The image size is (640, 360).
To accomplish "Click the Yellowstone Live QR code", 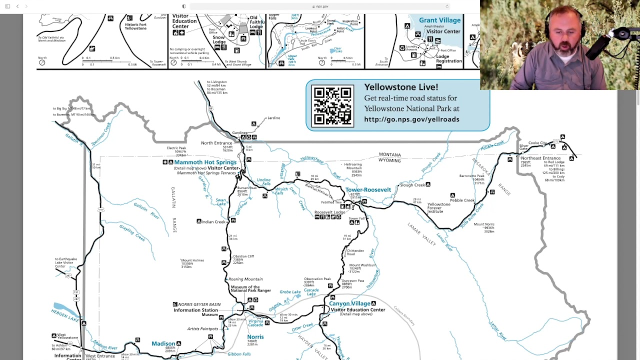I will (x=332, y=106).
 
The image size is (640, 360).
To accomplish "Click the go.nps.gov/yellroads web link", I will (x=411, y=119).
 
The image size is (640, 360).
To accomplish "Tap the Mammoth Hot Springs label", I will (x=205, y=162).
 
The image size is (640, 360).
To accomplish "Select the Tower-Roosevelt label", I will (x=368, y=190).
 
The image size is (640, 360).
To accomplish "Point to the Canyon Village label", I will (x=349, y=303).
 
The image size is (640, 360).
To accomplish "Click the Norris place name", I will (x=255, y=337).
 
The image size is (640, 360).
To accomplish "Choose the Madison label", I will (x=163, y=343).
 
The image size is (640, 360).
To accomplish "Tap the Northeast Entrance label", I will (x=540, y=158).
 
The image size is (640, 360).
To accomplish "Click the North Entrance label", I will (x=216, y=143).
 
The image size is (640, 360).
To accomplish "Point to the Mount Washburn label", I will (x=362, y=265).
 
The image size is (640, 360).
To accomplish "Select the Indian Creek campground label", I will (x=213, y=221).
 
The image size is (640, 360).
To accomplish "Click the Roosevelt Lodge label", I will (x=329, y=212).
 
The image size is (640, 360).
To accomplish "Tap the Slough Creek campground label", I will (x=412, y=185).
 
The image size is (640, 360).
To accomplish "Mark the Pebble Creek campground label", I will (x=462, y=200).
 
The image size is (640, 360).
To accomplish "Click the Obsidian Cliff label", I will (x=243, y=256).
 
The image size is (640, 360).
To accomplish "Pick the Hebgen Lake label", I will (x=65, y=315).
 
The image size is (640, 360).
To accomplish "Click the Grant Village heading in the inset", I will (x=439, y=20).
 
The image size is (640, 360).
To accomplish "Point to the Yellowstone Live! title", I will (x=401, y=87).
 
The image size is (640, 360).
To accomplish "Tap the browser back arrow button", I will (x=17, y=6).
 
